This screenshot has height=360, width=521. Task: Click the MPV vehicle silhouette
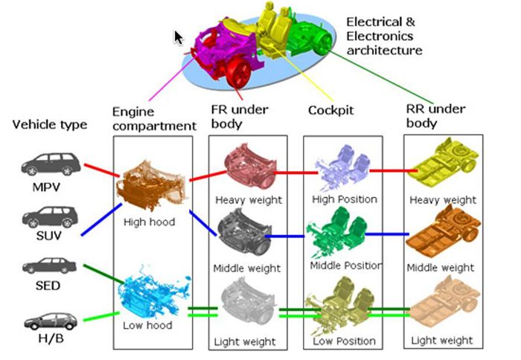click(x=51, y=164)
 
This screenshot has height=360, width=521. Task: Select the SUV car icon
click(x=50, y=217)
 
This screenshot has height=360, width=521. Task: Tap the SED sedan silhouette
click(x=50, y=266)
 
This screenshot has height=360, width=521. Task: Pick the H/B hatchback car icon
click(x=51, y=321)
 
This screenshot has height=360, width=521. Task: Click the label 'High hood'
click(x=149, y=222)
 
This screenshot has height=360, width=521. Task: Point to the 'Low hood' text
click(x=147, y=325)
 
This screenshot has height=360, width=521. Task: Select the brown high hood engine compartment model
click(x=151, y=185)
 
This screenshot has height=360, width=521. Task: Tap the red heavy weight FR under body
click(x=250, y=166)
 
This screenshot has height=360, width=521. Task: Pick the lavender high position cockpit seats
click(x=342, y=167)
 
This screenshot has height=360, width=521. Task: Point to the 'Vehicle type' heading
click(x=50, y=124)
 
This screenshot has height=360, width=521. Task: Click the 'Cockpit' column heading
click(x=330, y=110)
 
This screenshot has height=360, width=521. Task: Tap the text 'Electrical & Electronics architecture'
click(x=384, y=36)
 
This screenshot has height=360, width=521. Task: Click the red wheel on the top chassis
click(x=238, y=72)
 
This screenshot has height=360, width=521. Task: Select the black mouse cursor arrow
click(x=179, y=37)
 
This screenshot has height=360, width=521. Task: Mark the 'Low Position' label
click(x=344, y=341)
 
